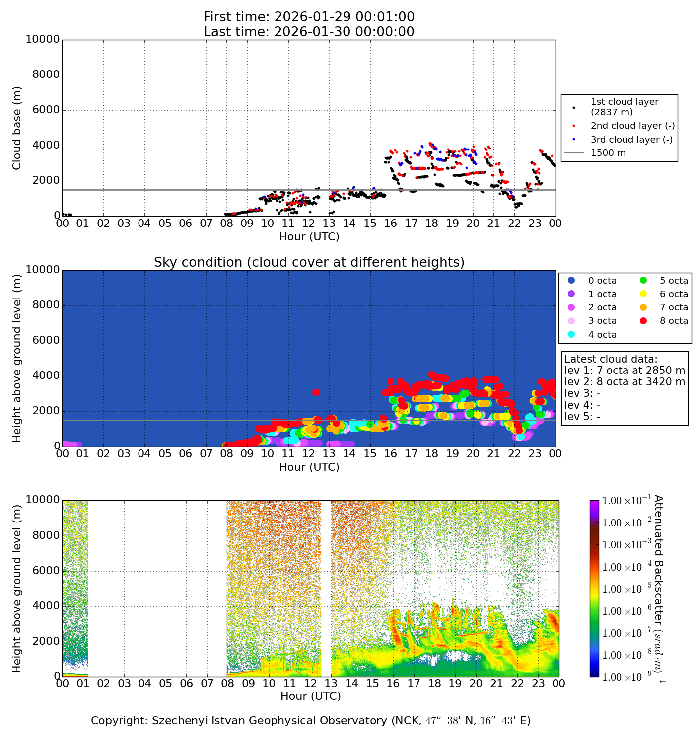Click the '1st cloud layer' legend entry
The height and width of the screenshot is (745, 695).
click(x=624, y=107)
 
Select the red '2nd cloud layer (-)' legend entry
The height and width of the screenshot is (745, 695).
click(x=632, y=126)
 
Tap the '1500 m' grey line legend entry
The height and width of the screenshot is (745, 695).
click(x=608, y=153)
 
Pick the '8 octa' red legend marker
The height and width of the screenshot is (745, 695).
click(x=644, y=321)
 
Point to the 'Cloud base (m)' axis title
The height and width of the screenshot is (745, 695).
click(x=17, y=128)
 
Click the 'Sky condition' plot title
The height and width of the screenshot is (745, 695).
click(x=309, y=262)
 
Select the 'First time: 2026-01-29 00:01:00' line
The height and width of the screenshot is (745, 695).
click(x=309, y=17)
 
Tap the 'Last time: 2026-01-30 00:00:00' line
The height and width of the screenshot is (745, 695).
click(x=309, y=32)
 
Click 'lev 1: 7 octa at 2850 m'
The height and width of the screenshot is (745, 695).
click(x=625, y=371)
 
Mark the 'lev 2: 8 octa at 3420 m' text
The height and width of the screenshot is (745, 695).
click(x=625, y=382)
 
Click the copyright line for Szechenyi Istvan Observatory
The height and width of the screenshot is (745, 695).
click(x=310, y=721)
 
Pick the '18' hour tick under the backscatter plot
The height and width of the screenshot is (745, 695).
click(x=434, y=683)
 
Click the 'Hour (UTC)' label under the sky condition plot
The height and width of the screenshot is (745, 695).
click(x=309, y=467)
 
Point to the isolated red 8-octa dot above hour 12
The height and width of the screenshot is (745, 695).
click(x=316, y=392)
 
